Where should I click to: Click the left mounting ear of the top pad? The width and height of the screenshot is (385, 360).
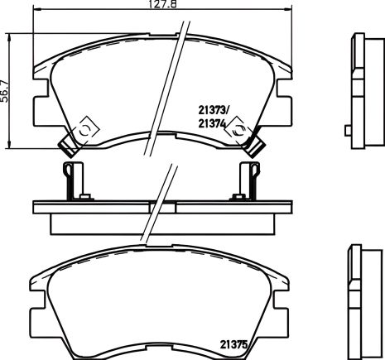point(37,106)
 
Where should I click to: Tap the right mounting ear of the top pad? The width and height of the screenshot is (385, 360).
point(285,106)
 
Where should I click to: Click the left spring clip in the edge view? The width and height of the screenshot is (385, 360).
point(72,180)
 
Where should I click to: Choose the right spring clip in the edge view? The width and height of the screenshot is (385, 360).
point(247,180)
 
